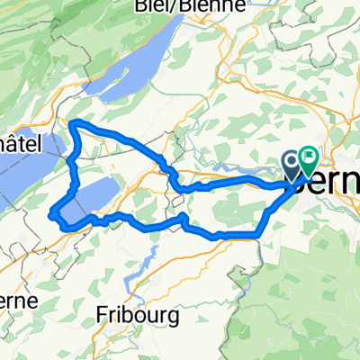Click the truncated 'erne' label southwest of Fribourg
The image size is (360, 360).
point(18,299)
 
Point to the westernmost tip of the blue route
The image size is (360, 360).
point(52,214)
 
